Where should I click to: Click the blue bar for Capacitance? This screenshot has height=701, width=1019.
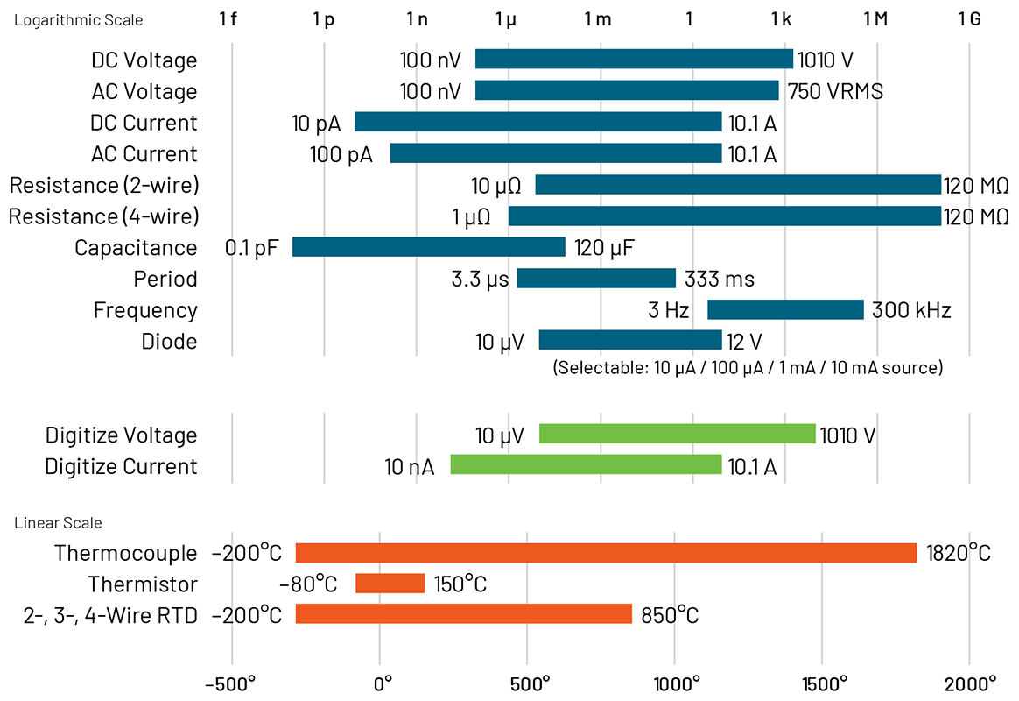coord(429,247)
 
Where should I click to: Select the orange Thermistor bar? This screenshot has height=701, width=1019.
coord(390,584)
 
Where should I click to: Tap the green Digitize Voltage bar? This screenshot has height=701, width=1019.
coord(678,435)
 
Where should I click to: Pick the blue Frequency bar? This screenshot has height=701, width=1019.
coord(785,309)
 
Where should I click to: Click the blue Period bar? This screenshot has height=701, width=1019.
coord(596,279)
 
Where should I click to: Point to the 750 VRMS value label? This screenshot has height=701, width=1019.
coord(834,91)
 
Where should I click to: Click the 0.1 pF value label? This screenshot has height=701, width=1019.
coord(251,247)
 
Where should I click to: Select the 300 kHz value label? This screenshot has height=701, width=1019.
coord(910,310)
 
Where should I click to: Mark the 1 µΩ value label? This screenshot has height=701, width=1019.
coord(471,216)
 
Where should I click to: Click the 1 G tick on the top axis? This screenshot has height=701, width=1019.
coord(969,19)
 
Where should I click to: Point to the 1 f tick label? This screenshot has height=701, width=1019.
coord(228,19)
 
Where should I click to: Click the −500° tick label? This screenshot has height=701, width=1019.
coord(230,683)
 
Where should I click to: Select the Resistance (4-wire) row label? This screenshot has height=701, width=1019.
coord(104,216)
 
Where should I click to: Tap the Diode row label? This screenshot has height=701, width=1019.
coord(169,341)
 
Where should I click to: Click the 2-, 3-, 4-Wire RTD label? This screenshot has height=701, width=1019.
coord(110,615)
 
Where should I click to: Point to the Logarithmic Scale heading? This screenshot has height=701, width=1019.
coord(79,19)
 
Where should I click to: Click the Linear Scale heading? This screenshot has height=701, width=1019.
coord(58,523)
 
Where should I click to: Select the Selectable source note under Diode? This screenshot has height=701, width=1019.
coord(748,368)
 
